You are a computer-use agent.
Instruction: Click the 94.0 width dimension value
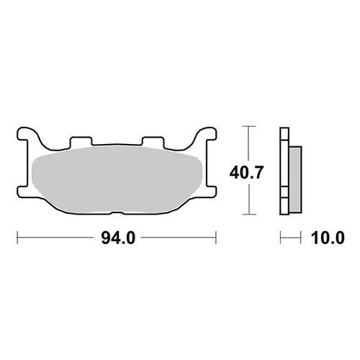pyautogui.click(x=117, y=236)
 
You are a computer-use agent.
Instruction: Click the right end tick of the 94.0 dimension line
pyautogui.click(x=217, y=236)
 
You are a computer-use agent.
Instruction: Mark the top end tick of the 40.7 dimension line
pyautogui.click(x=249, y=127)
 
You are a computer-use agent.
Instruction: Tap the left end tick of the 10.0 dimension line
pyautogui.click(x=281, y=236)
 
